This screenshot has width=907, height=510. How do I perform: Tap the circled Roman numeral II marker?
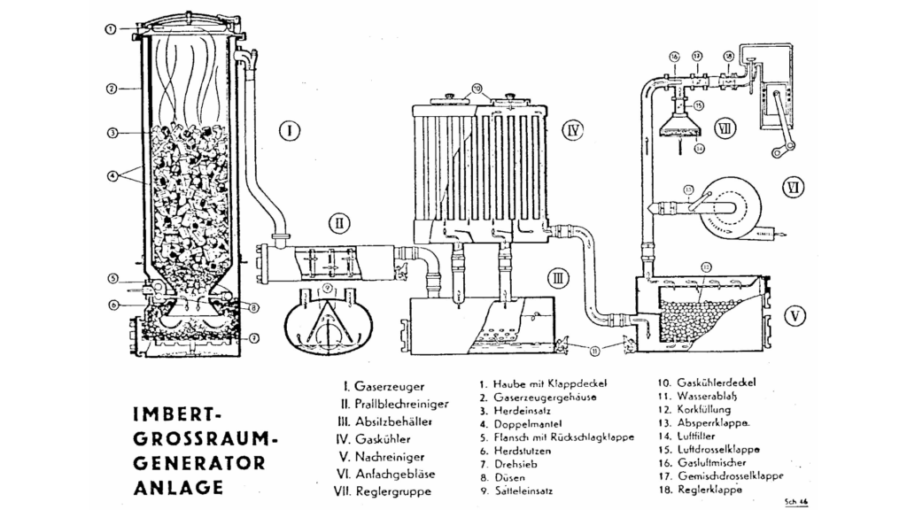(341, 220)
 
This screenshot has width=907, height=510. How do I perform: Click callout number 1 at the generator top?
(110, 29)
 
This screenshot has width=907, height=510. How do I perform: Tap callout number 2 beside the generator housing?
(110, 89)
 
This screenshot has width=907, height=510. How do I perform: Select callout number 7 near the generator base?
(254, 337)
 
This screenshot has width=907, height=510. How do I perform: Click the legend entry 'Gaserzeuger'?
(389, 387)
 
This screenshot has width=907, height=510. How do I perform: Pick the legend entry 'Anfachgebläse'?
(396, 474)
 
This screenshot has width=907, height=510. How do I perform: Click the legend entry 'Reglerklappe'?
(710, 489)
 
